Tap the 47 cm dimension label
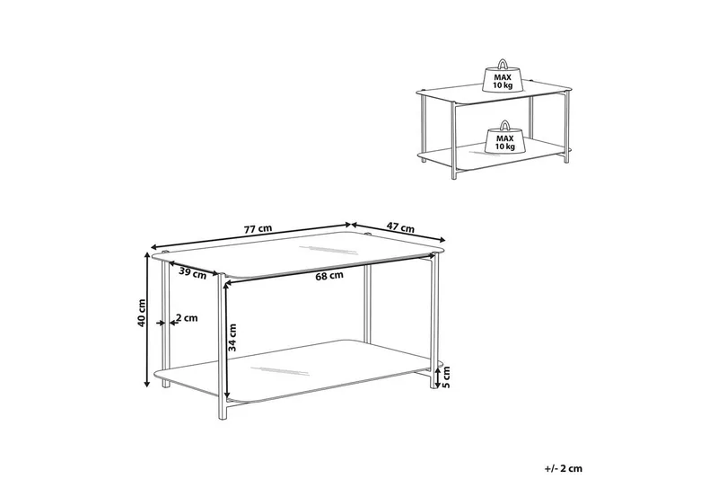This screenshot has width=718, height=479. [400, 226]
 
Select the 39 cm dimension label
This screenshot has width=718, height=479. [192, 272]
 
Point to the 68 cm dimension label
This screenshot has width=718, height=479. [329, 276]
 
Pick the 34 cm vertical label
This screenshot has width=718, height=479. [232, 337]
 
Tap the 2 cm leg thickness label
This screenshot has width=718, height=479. [187, 317]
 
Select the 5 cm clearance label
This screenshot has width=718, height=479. [447, 377]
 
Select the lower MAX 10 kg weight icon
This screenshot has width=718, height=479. [504, 138]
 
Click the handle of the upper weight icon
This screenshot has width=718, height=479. [503, 63]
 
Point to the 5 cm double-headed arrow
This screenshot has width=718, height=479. [438, 377]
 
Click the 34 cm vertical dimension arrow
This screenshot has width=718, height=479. [225, 340]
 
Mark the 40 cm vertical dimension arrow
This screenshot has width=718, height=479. [147, 320]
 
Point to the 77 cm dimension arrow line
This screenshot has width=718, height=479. [251, 235]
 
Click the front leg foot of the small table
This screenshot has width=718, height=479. [454, 174]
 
